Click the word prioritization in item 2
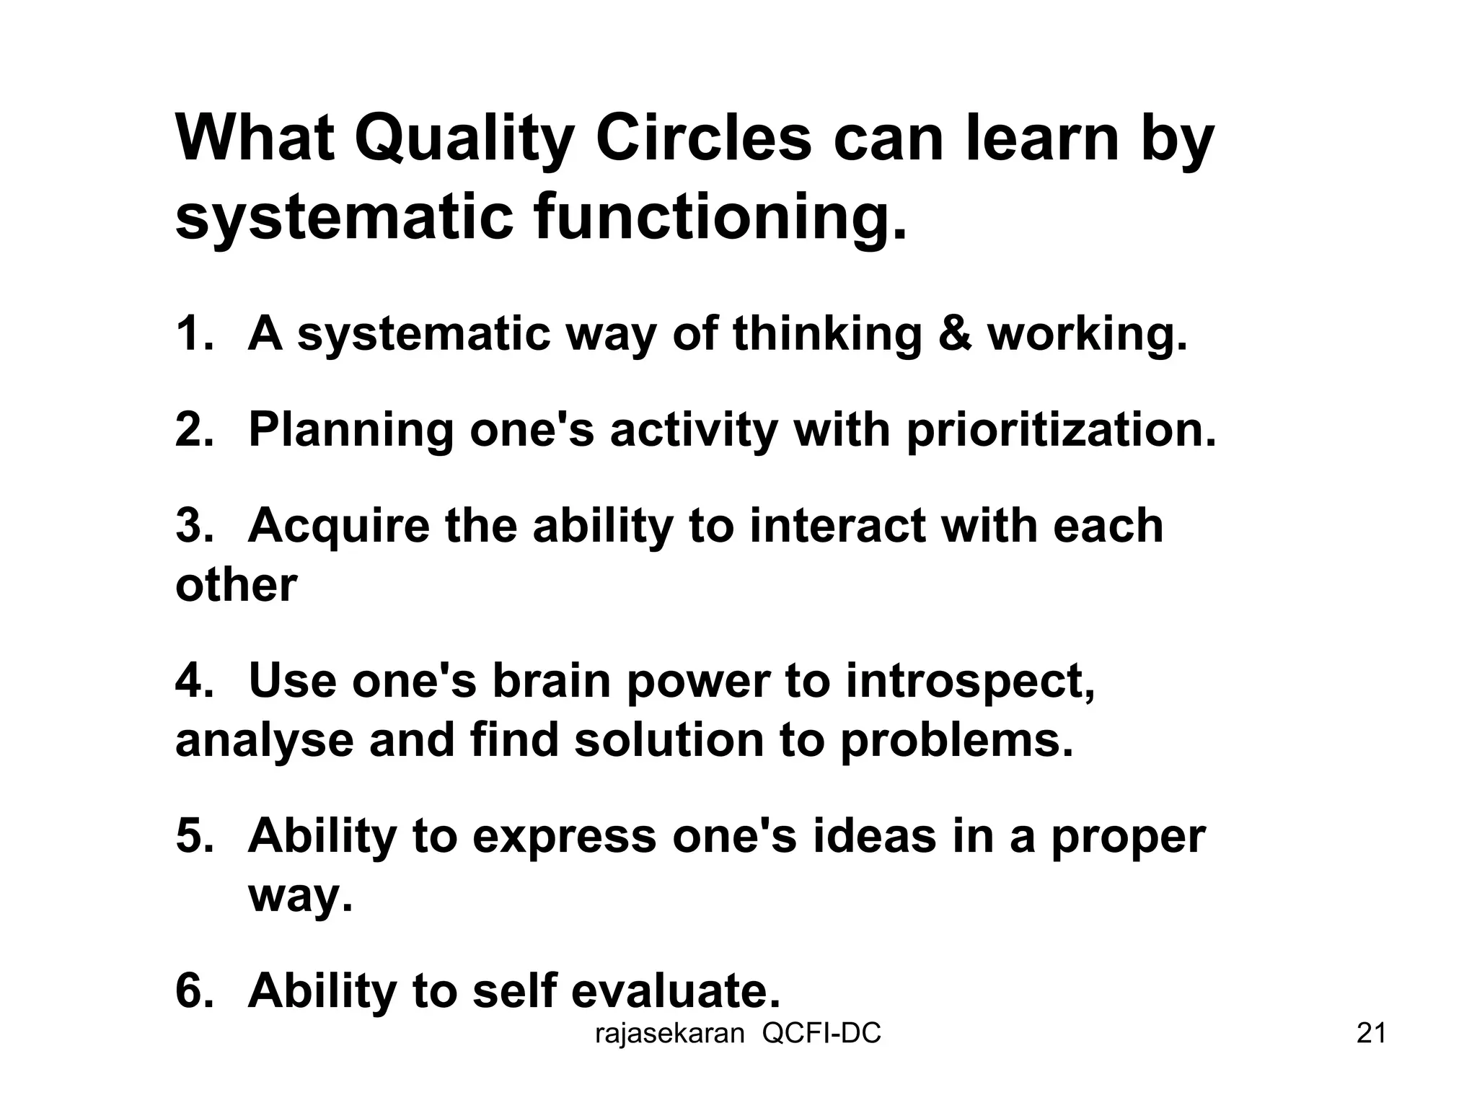1061,431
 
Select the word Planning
350,431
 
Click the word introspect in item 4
970,681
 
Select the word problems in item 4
956,742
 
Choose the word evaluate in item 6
676,991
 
